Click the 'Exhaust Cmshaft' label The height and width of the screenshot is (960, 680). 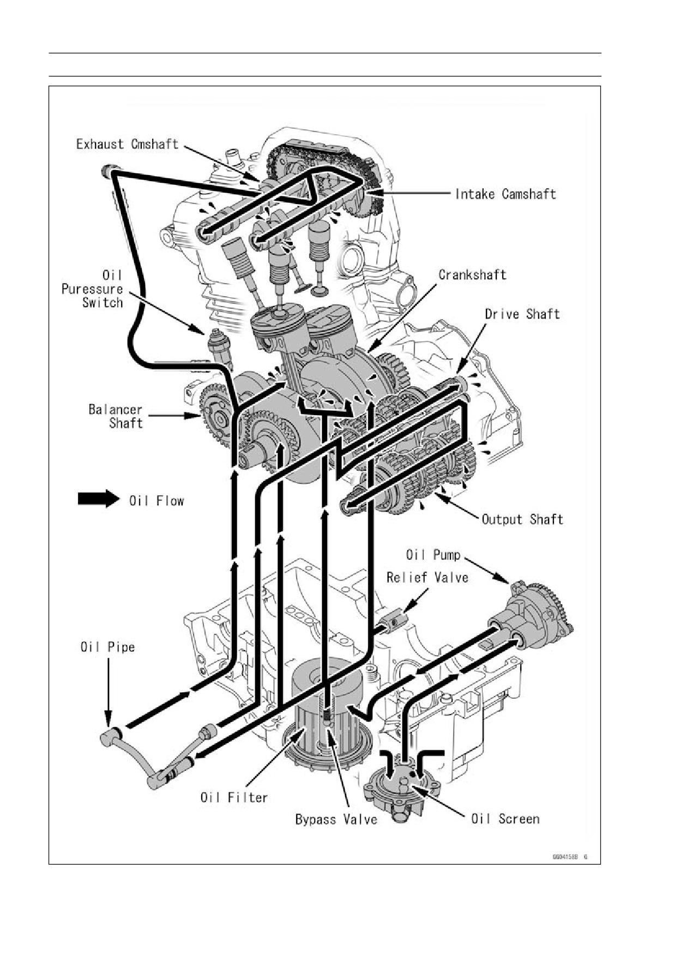click(x=127, y=144)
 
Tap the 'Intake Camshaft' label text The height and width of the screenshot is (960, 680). click(x=506, y=194)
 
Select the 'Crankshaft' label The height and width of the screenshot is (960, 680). click(x=472, y=274)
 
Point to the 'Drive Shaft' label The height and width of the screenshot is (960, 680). click(x=522, y=314)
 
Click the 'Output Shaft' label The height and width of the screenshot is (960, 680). click(x=522, y=519)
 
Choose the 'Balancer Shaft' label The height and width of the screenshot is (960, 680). click(x=116, y=416)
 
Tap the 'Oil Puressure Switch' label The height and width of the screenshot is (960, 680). click(x=92, y=289)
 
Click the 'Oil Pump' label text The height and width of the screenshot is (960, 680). click(x=433, y=555)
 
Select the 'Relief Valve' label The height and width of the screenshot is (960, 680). click(x=427, y=577)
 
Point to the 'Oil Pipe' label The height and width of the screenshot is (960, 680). click(x=107, y=647)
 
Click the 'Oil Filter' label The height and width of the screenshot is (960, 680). click(x=234, y=797)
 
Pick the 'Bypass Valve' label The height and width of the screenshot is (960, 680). click(x=336, y=819)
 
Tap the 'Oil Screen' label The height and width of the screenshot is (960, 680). click(x=505, y=819)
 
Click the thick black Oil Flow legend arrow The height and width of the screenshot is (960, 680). click(x=99, y=499)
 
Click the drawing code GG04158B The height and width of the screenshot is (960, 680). click(x=564, y=856)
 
